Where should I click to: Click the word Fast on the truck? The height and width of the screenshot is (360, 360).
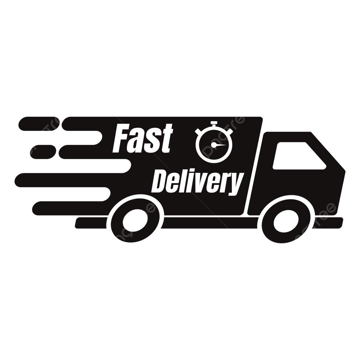tap(142, 139)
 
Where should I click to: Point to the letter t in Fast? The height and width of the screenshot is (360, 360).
tap(166, 140)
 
